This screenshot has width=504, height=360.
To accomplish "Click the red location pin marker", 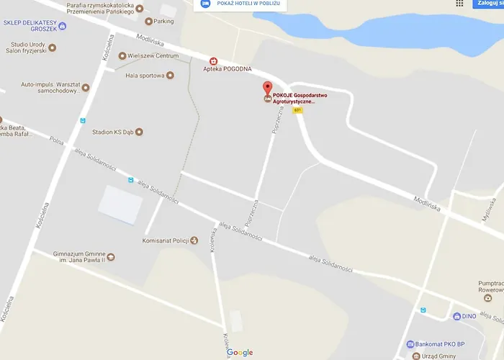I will point(268,89).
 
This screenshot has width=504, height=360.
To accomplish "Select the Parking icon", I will point(149,21).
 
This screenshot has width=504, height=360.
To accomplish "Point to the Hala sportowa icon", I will point(170,75).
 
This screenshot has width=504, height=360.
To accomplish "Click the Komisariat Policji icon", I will point(193,240).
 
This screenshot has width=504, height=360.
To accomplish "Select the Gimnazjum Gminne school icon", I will point(110,256).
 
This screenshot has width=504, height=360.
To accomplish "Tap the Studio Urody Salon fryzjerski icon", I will point(52,48).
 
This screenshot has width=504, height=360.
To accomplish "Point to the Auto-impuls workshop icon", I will point(85,88).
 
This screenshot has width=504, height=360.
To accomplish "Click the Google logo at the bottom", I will point(240,353).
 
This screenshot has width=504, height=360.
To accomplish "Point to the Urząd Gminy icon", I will point(416,356).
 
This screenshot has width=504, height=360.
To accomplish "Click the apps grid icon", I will point(459,4).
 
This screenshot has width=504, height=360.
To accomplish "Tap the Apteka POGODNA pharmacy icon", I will point(212,61).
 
